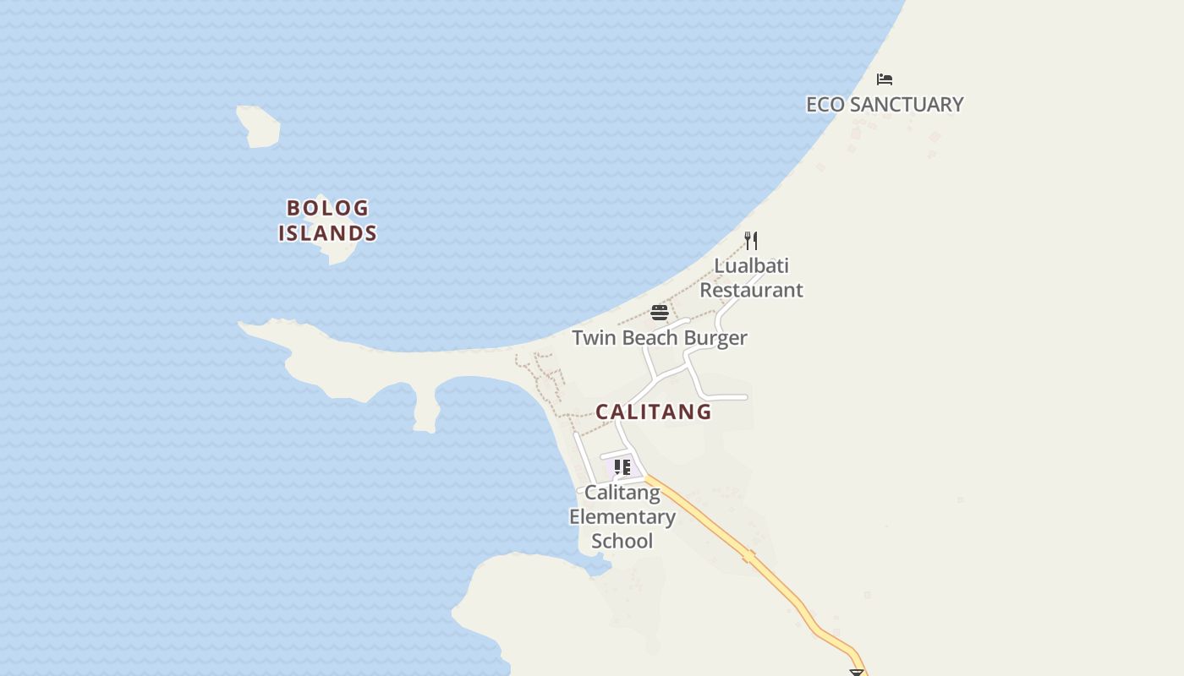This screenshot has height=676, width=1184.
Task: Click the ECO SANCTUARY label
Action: (885, 104)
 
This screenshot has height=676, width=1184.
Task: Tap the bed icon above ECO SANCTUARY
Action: (885, 79)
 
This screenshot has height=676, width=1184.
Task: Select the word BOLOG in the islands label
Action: (328, 208)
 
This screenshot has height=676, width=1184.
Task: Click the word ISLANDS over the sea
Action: (328, 232)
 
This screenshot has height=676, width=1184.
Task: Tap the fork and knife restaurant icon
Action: (751, 241)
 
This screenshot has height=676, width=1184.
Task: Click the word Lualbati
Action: (752, 266)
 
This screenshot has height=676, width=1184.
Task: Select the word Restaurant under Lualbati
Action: (751, 290)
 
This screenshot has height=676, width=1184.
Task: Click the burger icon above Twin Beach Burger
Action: (660, 313)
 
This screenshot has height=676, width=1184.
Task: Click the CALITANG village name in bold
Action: (654, 412)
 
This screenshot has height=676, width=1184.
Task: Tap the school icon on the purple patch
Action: (622, 467)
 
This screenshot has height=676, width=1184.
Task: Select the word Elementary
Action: (622, 516)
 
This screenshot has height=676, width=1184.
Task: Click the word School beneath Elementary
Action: (622, 541)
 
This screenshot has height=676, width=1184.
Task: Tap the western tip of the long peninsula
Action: (245, 325)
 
